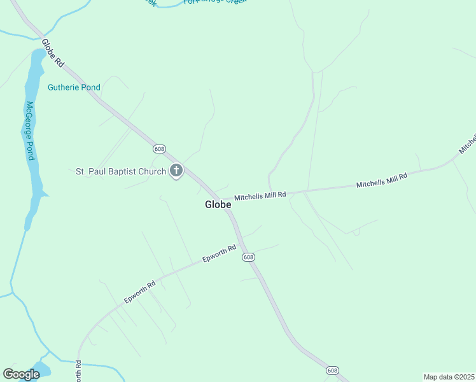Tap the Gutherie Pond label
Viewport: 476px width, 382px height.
point(74,87)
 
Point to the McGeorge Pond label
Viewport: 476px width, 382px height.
point(30,131)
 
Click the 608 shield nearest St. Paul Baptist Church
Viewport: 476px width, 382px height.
point(159,149)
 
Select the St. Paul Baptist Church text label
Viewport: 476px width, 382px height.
point(121,171)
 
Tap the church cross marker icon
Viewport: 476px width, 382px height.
point(176,171)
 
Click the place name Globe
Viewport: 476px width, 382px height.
point(218,204)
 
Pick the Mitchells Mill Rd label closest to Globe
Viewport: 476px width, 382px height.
point(260,195)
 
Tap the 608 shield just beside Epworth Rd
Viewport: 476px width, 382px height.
point(248,257)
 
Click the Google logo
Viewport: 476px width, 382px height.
point(21,374)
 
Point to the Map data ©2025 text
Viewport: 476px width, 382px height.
point(449,376)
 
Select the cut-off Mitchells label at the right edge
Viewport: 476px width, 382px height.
point(468,145)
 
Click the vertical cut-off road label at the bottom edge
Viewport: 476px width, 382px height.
point(79,371)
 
